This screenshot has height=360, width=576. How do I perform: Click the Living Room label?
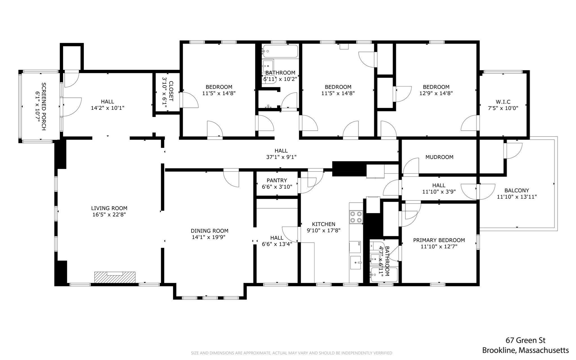coord(109,208)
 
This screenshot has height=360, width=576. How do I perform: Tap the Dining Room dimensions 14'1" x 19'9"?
coord(208,237)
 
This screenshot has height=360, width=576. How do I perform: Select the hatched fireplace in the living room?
coord(115,277)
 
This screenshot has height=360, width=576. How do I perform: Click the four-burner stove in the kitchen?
coord(356,217)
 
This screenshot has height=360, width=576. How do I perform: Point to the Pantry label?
coord(277,180)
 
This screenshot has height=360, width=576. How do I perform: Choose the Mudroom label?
coord(439,157)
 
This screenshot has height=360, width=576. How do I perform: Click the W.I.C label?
coord(503,102)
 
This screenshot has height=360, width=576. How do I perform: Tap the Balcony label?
coord(517,190)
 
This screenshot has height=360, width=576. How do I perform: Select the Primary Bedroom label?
coord(439,240)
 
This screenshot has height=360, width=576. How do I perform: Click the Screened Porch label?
coord(44,106)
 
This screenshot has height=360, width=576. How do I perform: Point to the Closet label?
coord(171,91)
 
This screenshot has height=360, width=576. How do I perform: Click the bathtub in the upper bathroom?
coord(280,52)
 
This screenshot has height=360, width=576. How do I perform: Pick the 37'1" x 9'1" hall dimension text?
coord(281,157)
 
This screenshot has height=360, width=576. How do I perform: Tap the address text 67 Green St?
coord(525,340)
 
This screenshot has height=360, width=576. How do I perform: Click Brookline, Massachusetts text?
coord(525,350)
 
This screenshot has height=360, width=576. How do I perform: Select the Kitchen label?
coord(323,224)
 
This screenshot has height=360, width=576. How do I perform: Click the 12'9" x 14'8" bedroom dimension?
coord(436,93)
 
